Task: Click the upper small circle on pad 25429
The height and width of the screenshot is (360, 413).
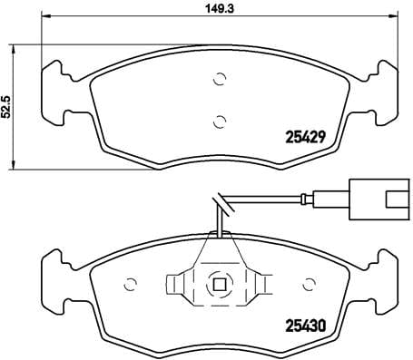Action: [218, 80]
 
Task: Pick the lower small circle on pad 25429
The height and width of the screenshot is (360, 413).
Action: [218, 120]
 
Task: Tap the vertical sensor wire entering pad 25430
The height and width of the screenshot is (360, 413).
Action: [218, 222]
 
